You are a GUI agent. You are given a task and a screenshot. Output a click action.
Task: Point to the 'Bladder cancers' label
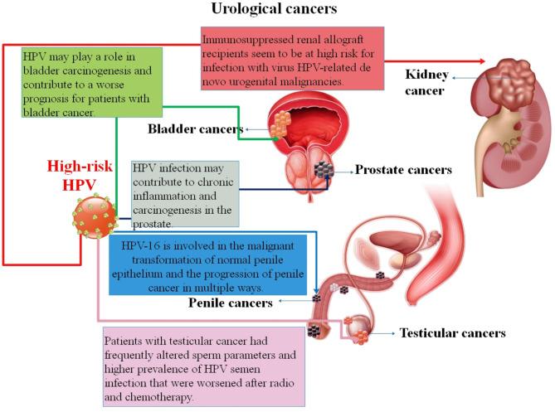[195, 128]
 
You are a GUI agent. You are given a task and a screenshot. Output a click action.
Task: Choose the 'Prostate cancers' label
[403, 170]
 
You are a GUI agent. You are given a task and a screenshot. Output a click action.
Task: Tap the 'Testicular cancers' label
[452, 332]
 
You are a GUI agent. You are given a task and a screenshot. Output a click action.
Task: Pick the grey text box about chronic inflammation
[185, 194]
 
